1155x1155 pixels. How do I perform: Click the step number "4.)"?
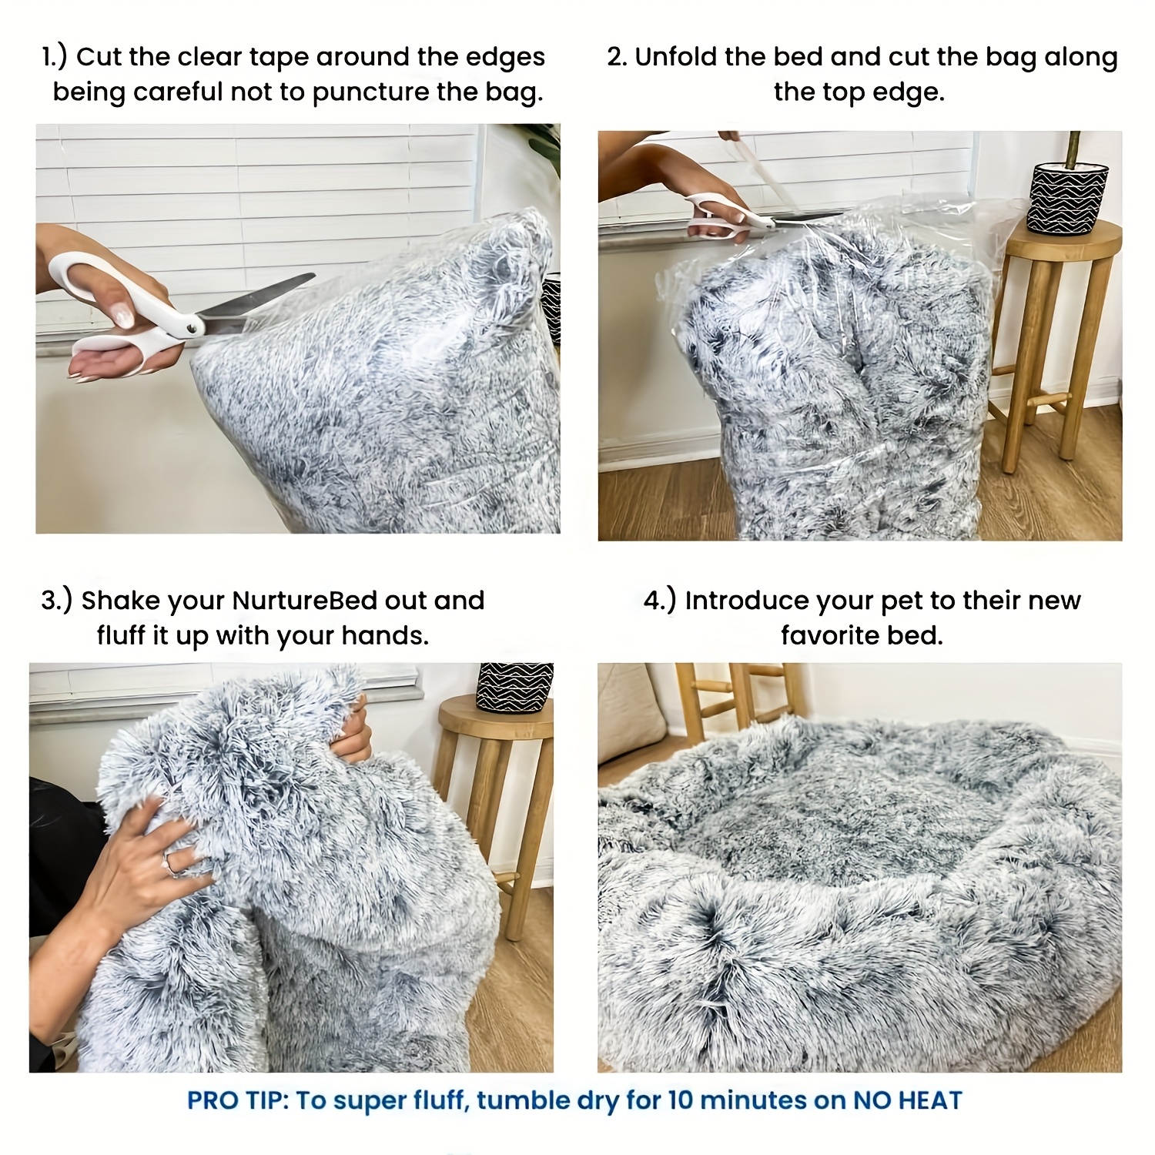pyautogui.click(x=660, y=601)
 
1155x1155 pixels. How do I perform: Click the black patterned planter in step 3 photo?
pyautogui.click(x=514, y=687)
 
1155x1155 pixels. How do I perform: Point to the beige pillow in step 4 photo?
pyautogui.click(x=631, y=712)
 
